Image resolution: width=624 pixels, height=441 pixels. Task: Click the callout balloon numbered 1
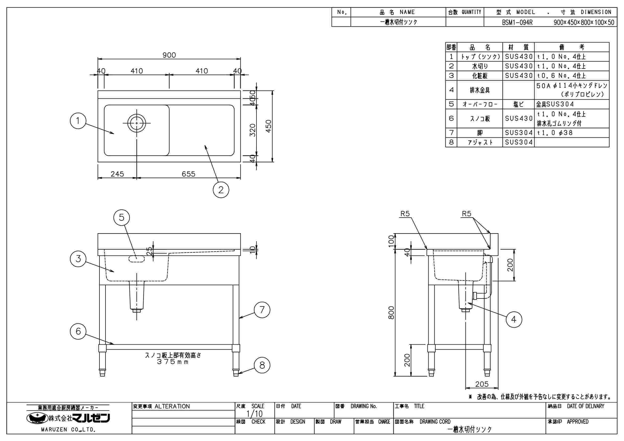[x=78, y=121]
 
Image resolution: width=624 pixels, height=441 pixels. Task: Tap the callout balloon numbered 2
[x=221, y=189]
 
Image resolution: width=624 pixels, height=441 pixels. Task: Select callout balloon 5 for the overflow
[x=122, y=217]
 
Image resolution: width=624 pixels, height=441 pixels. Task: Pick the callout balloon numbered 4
[x=514, y=319]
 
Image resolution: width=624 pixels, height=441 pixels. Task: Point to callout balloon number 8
[x=262, y=365]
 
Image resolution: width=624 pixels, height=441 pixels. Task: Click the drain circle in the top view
[x=136, y=123]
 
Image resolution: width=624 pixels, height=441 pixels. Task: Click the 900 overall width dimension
[x=169, y=55]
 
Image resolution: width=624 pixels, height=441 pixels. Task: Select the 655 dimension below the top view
[x=188, y=174]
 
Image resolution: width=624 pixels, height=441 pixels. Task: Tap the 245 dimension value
[x=117, y=174]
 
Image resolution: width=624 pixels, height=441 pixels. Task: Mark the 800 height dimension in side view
[x=391, y=313]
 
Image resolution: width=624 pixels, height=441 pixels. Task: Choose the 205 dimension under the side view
[x=482, y=384]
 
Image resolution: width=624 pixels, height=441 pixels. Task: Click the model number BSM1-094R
[x=517, y=22]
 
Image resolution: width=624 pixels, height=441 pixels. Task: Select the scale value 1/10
[x=254, y=414]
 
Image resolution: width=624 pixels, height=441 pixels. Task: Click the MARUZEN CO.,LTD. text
[x=68, y=430]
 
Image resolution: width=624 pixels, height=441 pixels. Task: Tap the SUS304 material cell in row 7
[x=518, y=133]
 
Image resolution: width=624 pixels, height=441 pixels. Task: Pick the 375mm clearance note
[x=173, y=362]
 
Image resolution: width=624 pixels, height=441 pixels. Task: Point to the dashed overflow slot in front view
[x=137, y=259]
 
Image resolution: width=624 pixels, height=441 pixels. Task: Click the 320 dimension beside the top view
[x=253, y=130]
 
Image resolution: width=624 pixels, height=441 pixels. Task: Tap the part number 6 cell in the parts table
[x=451, y=118]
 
